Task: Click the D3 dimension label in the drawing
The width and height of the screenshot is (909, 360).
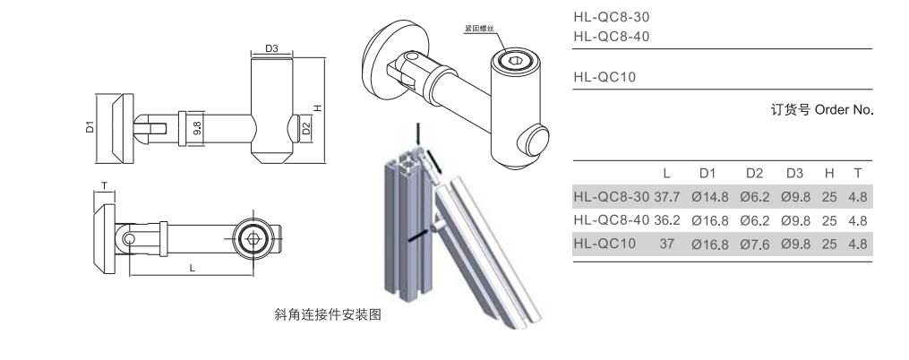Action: coord(274,48)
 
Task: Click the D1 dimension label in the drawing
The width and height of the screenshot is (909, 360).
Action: coord(90,127)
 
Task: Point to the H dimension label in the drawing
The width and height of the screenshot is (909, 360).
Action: coord(317,108)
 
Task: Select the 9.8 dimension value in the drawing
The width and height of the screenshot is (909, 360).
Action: coord(197,127)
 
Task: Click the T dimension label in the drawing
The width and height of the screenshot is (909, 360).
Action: coord(105,186)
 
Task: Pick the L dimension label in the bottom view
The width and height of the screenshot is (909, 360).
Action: coord(193,267)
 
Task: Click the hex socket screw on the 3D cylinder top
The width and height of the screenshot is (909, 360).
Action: coord(511,62)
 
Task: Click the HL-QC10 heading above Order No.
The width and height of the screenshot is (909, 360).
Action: coord(604,77)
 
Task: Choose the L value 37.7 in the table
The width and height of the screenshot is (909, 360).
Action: coord(667,197)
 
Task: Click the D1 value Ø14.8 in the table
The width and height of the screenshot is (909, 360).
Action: coord(709,197)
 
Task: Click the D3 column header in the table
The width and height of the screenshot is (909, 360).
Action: coord(794,173)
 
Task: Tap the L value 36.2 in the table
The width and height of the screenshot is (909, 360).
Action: coord(667,219)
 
